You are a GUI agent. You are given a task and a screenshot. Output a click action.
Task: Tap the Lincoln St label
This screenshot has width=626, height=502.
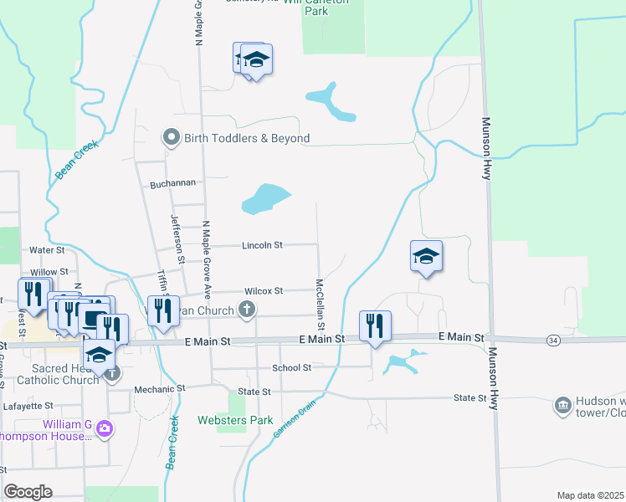263,246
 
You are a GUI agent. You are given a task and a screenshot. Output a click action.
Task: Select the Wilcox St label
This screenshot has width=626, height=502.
264,291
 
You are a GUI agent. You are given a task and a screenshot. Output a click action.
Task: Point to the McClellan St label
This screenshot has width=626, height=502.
320,302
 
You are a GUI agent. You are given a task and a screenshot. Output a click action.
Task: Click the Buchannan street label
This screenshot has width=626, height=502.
172,183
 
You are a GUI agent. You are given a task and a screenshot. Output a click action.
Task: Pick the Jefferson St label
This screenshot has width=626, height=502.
177,240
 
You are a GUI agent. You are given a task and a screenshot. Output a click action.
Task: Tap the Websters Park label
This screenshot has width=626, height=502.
235,420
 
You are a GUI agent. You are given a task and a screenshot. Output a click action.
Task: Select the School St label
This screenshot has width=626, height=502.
291,367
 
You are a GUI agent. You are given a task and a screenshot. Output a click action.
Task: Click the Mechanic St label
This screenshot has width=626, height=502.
159,389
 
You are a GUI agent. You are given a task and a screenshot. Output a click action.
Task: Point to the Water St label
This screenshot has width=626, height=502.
47,250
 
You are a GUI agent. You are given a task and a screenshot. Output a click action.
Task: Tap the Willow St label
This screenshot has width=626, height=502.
49,272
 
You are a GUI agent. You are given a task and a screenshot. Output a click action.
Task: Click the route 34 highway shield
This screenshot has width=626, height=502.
552,340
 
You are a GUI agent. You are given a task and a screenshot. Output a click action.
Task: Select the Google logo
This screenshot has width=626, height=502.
28,492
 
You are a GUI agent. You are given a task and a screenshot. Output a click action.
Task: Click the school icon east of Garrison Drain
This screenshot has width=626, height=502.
426,256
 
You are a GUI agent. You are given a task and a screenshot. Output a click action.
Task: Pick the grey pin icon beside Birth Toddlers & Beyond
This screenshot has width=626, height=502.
172,137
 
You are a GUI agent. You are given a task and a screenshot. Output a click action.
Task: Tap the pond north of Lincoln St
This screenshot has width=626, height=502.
265,199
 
